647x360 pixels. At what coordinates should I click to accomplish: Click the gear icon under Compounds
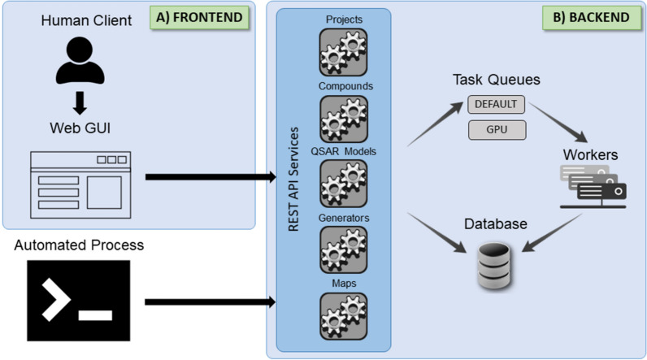point(343,119)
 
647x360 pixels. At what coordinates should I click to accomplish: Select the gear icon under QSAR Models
point(343,184)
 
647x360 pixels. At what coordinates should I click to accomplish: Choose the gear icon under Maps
point(343,314)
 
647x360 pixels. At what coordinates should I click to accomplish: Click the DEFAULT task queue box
point(497,105)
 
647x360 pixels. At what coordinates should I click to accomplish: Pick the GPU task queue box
point(497,129)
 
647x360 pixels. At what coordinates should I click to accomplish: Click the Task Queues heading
point(497,80)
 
